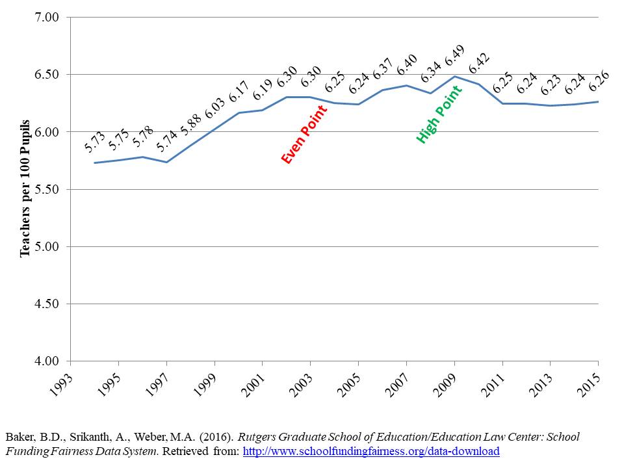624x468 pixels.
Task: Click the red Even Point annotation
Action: coord(305,133)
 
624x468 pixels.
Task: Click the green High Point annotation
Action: coord(439,114)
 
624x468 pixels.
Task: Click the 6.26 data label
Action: coord(598,81)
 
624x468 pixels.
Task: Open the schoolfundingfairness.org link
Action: coord(371,451)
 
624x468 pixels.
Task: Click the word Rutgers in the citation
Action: coord(294,437)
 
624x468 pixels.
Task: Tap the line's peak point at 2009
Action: coord(454,76)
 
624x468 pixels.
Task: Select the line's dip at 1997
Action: coord(167,162)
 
